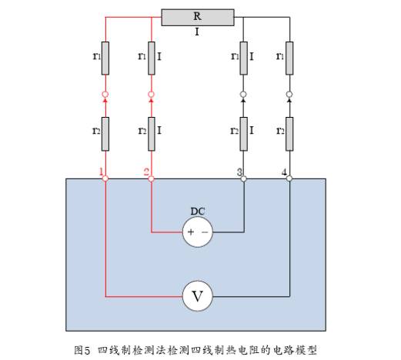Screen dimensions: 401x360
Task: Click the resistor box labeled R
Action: (x=198, y=18)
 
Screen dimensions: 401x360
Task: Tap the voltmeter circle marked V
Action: (x=198, y=296)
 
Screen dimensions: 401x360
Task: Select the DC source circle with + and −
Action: (x=198, y=232)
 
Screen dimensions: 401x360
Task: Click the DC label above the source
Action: (x=198, y=212)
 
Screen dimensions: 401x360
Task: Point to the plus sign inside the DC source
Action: (x=191, y=232)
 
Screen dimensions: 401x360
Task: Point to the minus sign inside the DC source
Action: (x=205, y=232)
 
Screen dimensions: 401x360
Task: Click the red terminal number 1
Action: (x=102, y=172)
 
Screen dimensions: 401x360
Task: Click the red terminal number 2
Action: (x=146, y=172)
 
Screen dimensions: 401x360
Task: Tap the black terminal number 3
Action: (x=239, y=172)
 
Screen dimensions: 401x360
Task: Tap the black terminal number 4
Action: (x=284, y=172)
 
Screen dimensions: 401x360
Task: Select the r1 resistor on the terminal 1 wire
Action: (x=105, y=58)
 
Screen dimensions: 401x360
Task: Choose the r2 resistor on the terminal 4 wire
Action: (x=289, y=134)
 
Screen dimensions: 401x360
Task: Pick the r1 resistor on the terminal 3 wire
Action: (x=244, y=58)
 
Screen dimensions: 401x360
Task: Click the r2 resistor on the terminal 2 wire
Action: (x=152, y=134)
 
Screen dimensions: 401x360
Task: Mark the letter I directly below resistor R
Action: (x=197, y=32)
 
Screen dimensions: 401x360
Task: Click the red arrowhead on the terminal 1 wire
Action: (x=105, y=101)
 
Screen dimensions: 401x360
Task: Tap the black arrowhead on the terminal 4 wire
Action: (x=289, y=101)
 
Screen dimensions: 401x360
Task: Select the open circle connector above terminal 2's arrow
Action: (x=152, y=95)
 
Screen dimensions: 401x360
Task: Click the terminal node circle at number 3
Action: (x=244, y=178)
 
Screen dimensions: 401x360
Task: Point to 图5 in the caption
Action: (x=82, y=350)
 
